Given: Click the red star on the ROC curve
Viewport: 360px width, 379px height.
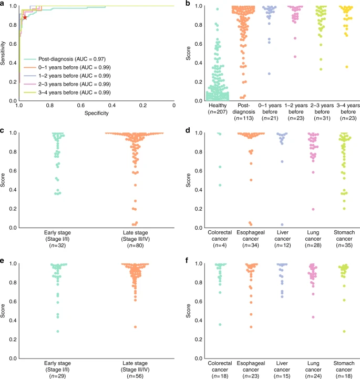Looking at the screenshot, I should click(x=25, y=17).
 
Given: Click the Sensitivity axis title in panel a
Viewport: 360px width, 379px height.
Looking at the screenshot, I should click(x=4, y=53).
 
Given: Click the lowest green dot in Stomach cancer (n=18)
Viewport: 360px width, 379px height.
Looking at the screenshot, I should click(x=345, y=331).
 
